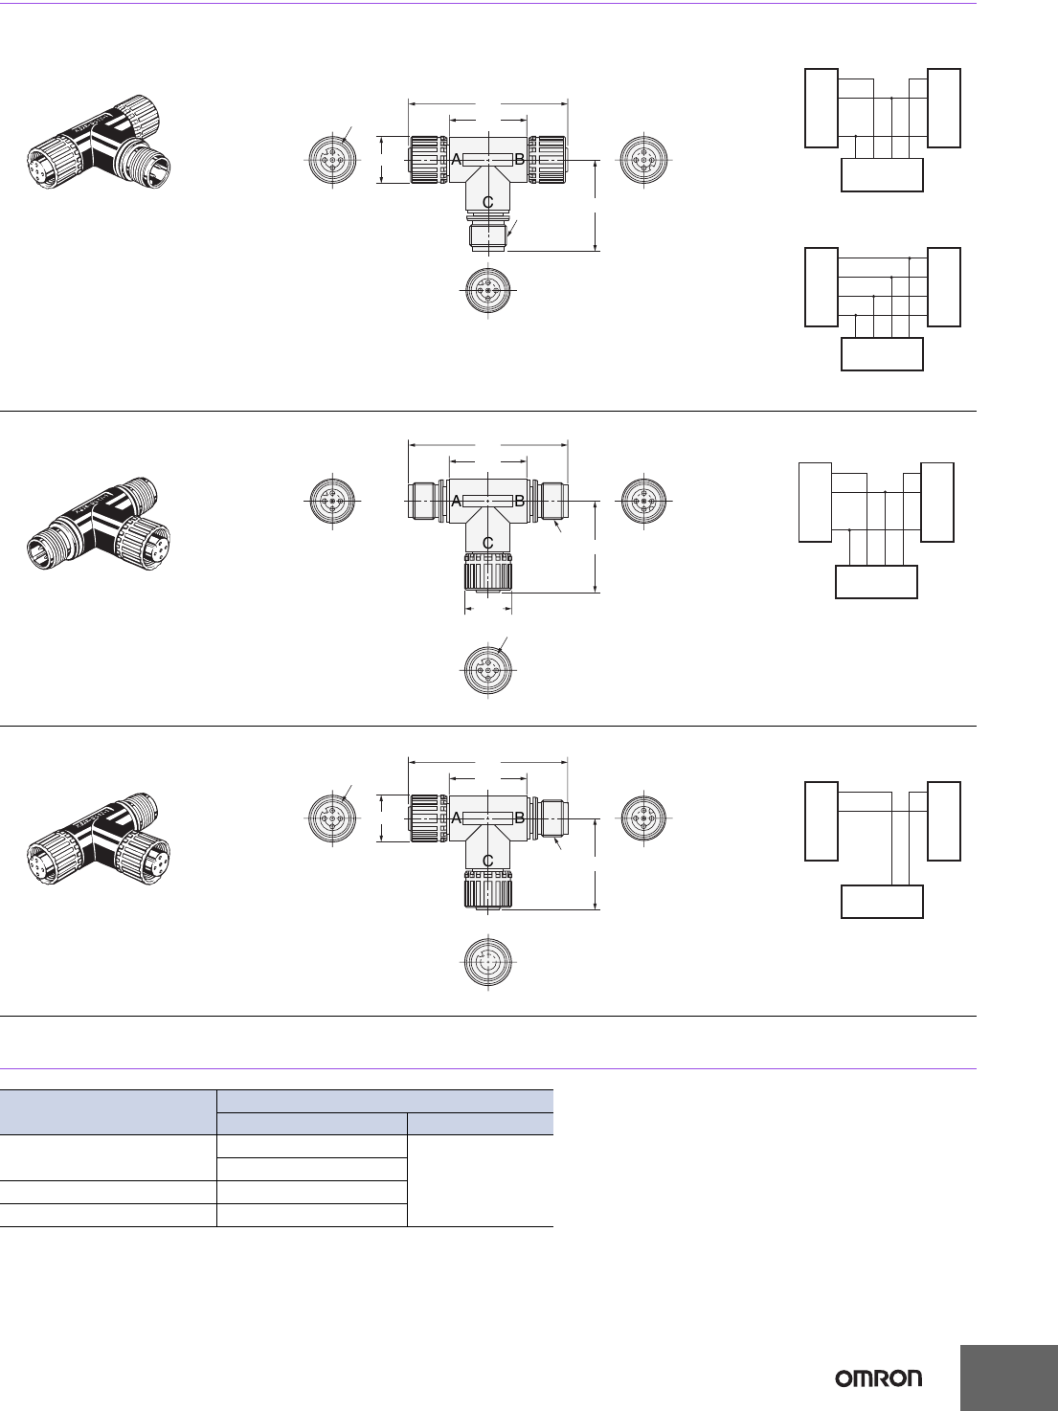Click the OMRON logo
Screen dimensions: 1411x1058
pyautogui.click(x=879, y=1378)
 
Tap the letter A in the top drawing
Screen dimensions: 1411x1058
pyautogui.click(x=457, y=160)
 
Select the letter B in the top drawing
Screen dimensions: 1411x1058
pyautogui.click(x=520, y=160)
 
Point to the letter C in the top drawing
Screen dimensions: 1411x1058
pyautogui.click(x=487, y=202)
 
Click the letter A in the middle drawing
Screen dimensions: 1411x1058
pyautogui.click(x=457, y=501)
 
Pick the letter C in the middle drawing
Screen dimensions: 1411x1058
pyautogui.click(x=487, y=543)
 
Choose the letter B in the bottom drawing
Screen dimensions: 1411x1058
pyautogui.click(x=520, y=818)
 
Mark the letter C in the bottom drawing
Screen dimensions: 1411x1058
pyautogui.click(x=487, y=861)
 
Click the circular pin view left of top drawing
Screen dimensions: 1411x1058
pyautogui.click(x=332, y=160)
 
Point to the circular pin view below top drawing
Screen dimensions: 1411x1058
pyautogui.click(x=487, y=289)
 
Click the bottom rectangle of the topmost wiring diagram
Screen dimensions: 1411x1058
pyautogui.click(x=882, y=175)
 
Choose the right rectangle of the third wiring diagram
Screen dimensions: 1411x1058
pyautogui.click(x=936, y=502)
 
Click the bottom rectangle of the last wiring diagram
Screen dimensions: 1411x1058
pyautogui.click(x=882, y=902)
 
